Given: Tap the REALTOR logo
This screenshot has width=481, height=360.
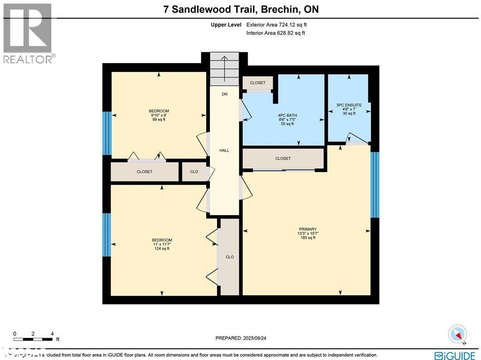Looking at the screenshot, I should click(28, 33).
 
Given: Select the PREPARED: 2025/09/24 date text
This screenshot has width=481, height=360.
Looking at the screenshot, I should click(243, 338).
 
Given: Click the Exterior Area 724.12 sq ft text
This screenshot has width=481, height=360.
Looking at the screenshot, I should click(277, 24).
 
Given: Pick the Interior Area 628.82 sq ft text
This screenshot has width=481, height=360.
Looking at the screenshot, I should click(276, 33).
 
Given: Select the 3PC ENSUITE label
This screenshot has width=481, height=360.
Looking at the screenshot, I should click(349, 109).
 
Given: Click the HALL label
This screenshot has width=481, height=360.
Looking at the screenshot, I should click(225, 150).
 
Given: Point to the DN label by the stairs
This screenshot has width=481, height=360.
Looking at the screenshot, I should click(225, 94).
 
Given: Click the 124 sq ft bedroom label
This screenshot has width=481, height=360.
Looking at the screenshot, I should click(162, 244).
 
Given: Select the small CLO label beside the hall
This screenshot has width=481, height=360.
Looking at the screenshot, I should click(194, 172).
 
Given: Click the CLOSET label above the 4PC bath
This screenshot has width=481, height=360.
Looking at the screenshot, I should click(257, 83).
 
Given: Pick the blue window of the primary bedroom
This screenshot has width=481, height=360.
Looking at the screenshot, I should click(374, 185).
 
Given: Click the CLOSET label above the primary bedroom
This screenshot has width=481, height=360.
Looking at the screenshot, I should click(283, 158).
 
